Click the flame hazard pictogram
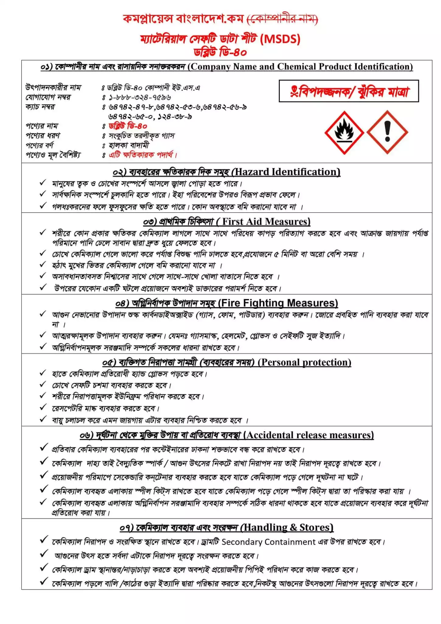(x=344, y=132)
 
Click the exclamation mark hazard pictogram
(x=387, y=132)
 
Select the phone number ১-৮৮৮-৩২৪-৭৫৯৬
(x=140, y=97)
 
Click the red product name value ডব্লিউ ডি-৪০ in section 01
(x=128, y=126)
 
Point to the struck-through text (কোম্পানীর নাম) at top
(x=282, y=19)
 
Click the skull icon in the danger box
(x=294, y=91)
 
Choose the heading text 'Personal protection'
(x=305, y=362)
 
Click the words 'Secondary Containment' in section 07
(x=268, y=542)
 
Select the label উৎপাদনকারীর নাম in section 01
(x=53, y=88)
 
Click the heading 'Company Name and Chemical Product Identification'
(x=300, y=67)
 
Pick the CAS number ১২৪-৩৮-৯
(x=174, y=117)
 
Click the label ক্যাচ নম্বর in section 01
(x=40, y=107)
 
